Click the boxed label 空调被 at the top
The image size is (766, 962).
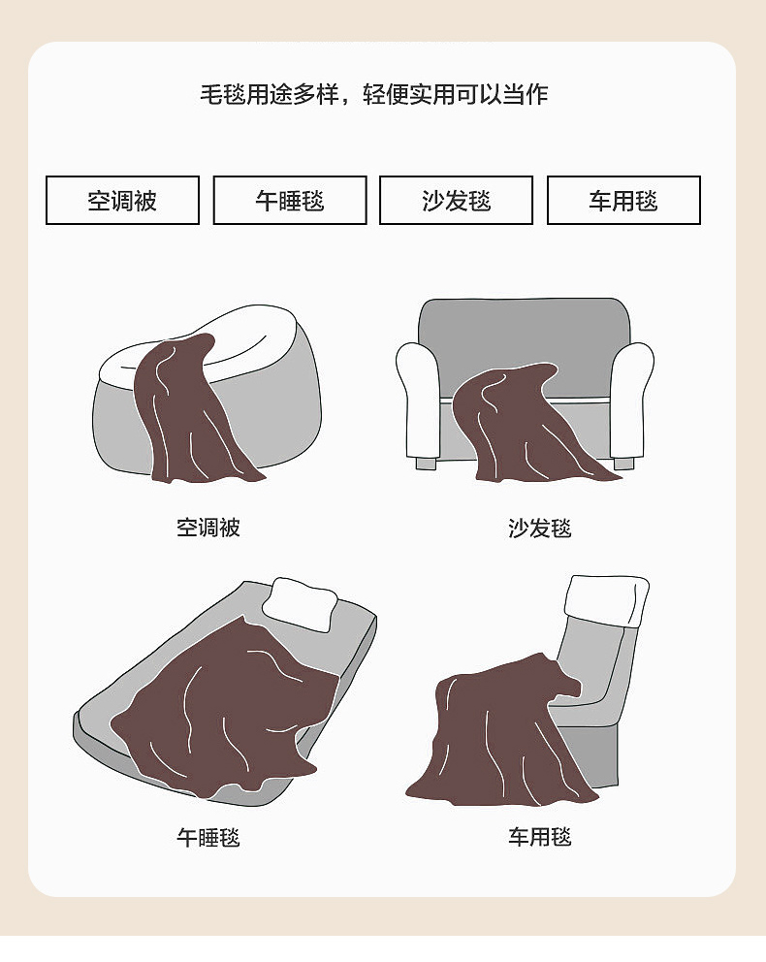pos(123,201)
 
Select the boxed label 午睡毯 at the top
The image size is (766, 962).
pos(290,201)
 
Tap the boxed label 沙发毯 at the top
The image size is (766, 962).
pos(457,201)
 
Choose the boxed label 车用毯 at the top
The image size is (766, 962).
pos(623,201)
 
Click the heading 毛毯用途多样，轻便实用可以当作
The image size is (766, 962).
pos(374,94)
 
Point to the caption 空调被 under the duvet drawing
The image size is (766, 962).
pos(208,528)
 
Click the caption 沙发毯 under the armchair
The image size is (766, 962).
pos(540,529)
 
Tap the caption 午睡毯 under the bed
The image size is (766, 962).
pos(208,838)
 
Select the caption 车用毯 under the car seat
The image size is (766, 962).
pos(540,837)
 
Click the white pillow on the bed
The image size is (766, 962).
pos(300,604)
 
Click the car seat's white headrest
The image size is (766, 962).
pos(606,599)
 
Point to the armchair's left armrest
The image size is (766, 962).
pos(418,400)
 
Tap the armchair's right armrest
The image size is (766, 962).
pos(631,400)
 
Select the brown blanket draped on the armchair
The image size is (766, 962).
pos(527,430)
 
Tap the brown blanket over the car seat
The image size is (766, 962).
pos(496,736)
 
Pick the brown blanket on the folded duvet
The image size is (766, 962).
pos(184,411)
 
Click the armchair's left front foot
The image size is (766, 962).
pos(426,464)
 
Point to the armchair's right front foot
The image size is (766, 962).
pos(623,464)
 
